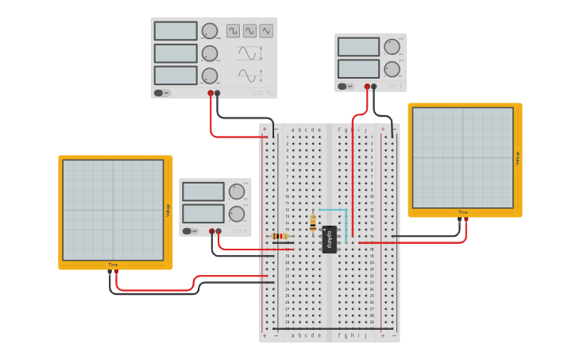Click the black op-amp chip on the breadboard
(329, 239)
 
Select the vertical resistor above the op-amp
(313, 223)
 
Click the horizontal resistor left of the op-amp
(280, 236)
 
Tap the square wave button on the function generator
(233, 31)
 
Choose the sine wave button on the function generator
(249, 31)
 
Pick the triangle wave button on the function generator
(266, 31)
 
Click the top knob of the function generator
(210, 31)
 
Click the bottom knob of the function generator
(210, 75)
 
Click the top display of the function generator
(176, 31)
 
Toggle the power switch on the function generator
(161, 93)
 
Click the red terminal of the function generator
(211, 93)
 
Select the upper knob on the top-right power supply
(392, 47)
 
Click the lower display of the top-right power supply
(358, 69)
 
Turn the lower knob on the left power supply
(237, 214)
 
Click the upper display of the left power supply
(203, 192)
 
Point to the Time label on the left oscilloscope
(113, 265)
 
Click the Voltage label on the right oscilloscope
(517, 158)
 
